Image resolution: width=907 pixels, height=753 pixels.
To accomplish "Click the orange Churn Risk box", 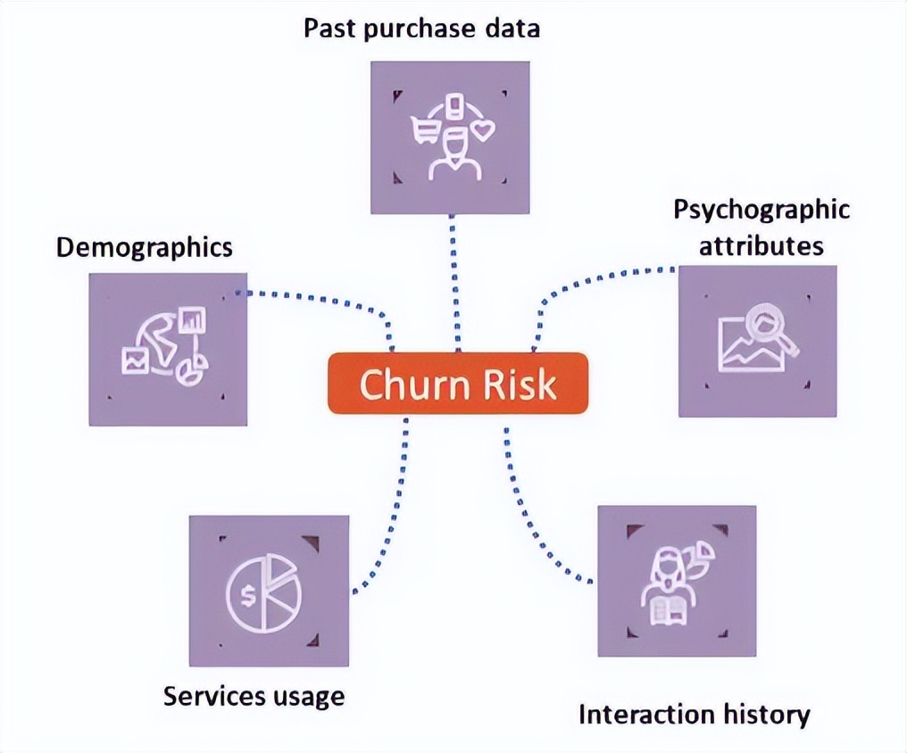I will (x=458, y=384).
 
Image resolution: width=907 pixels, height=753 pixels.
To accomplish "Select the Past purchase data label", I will (x=421, y=28).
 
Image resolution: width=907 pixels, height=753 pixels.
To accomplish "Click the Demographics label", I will (x=144, y=247).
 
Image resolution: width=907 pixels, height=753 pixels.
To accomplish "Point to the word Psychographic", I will (x=761, y=211).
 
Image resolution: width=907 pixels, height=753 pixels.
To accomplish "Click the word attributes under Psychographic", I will (x=761, y=244).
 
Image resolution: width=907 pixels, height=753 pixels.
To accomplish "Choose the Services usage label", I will (x=254, y=695).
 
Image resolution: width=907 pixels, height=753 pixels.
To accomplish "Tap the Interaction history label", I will (x=695, y=714).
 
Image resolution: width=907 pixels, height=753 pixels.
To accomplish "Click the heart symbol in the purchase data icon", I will (x=483, y=132).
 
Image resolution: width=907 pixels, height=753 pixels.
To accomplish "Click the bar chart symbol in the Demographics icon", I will (x=192, y=319).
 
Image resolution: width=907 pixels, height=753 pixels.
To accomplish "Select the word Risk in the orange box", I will (x=520, y=385).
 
